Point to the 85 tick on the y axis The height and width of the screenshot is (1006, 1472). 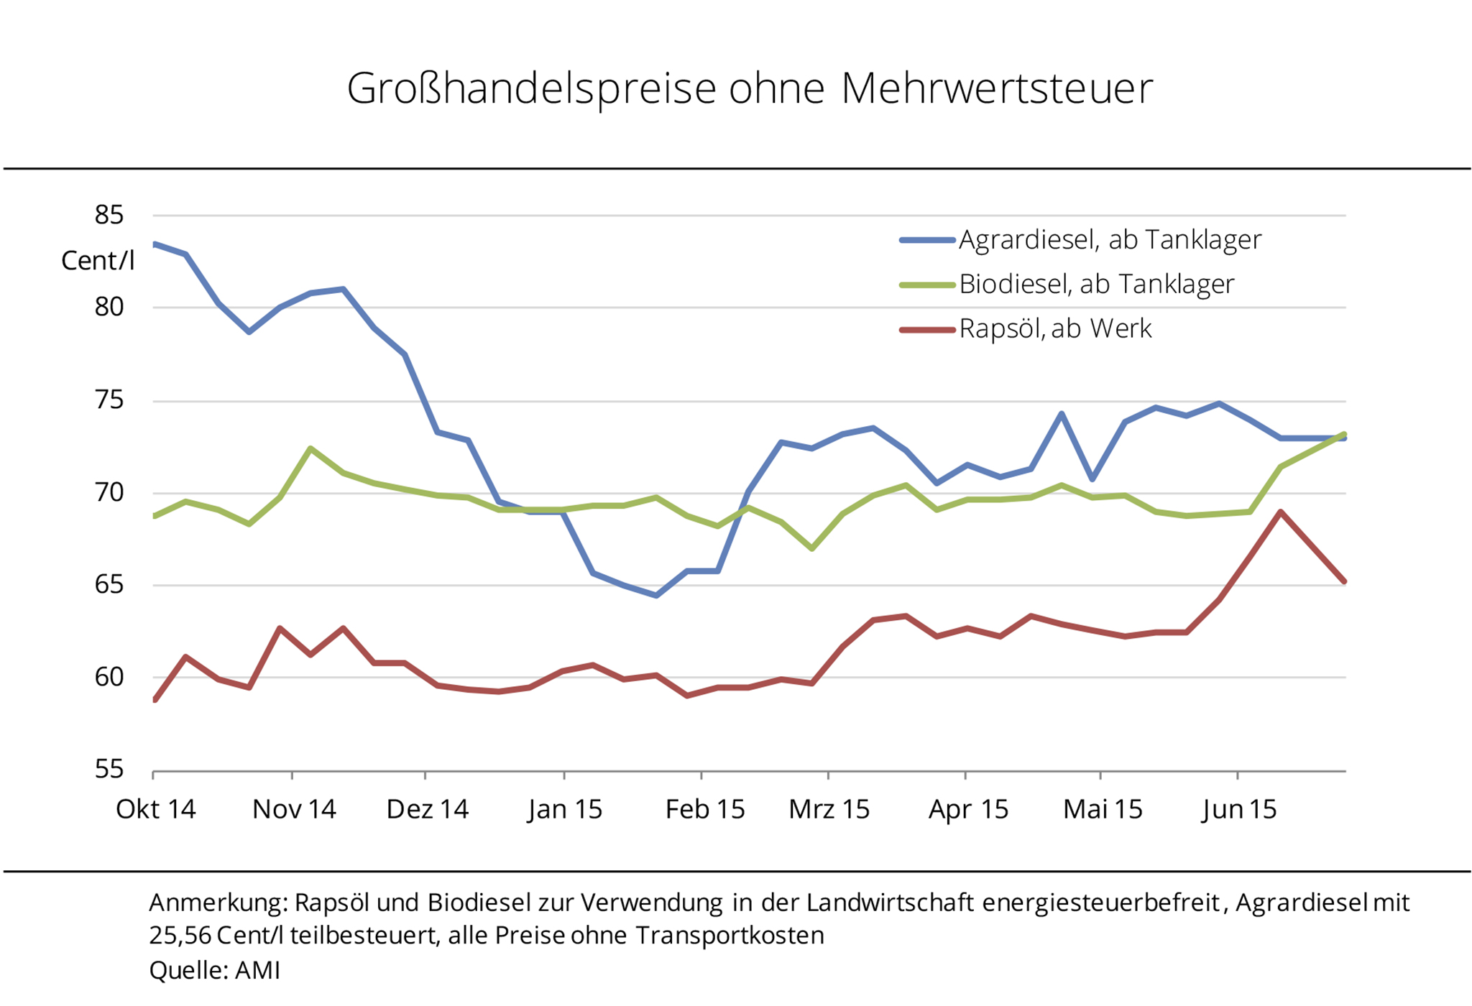(109, 215)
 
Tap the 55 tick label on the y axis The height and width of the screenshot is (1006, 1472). (109, 770)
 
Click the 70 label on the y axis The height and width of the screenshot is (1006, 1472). (109, 493)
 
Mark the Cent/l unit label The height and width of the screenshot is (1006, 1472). (98, 260)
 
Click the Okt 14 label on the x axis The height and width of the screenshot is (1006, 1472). (155, 809)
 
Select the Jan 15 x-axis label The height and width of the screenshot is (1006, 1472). (565, 809)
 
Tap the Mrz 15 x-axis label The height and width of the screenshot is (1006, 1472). (829, 809)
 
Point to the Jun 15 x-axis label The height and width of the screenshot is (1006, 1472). (1239, 809)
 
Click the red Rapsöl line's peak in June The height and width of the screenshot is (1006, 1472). (1280, 512)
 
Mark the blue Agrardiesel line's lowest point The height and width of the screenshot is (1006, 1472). (656, 595)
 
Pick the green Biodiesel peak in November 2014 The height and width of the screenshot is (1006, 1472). (310, 448)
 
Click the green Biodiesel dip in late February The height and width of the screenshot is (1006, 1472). (811, 548)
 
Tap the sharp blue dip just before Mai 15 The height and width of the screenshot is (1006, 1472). (1092, 479)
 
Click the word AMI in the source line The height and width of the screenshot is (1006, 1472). (257, 971)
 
